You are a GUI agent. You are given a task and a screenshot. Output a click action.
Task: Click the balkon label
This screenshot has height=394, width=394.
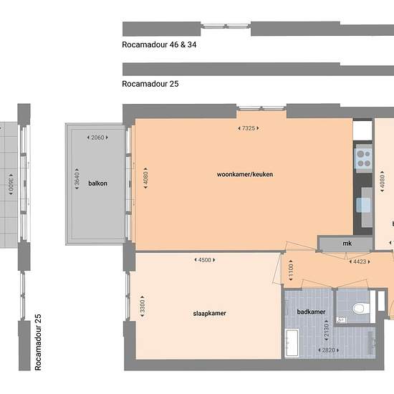tap(97, 183)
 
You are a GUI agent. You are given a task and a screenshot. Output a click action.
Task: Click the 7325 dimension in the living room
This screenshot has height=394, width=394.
tap(248, 128)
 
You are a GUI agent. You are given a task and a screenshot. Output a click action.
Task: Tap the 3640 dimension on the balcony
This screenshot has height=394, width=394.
tap(77, 183)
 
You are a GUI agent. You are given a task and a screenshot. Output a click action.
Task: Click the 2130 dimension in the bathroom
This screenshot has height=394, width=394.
tap(326, 332)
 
